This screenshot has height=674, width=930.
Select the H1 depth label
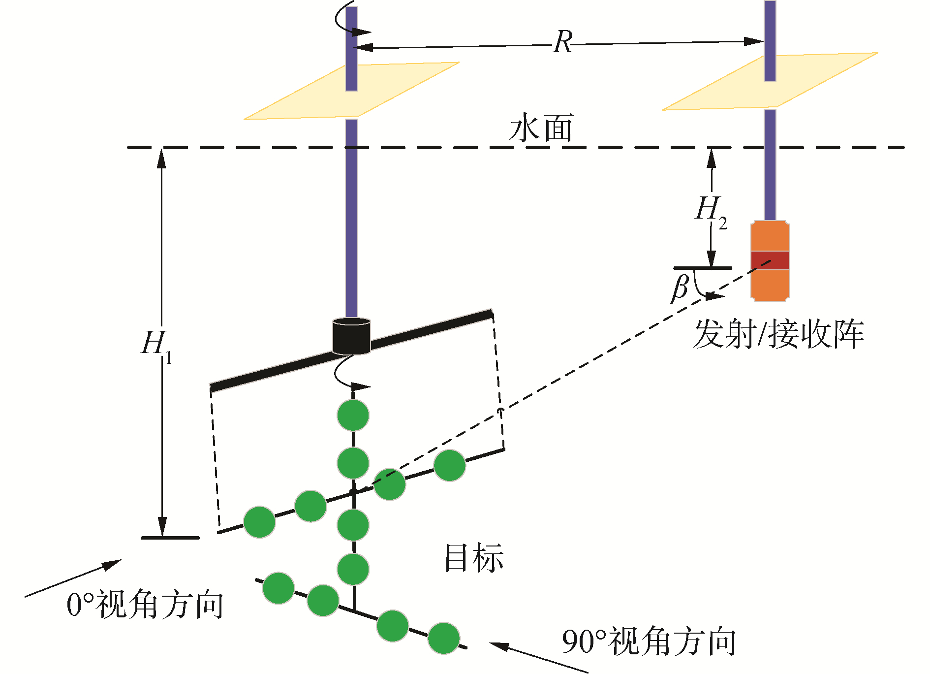click(155, 345)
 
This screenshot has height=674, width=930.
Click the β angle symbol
click(680, 289)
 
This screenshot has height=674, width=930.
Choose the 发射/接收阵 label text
click(778, 335)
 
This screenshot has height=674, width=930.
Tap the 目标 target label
click(473, 558)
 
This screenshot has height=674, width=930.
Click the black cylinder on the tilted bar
click(351, 336)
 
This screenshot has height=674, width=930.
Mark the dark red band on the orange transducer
click(770, 260)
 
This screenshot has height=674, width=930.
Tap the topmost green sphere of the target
click(353, 415)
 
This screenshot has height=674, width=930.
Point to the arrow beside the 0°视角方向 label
click(74, 578)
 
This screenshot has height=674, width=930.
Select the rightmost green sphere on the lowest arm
click(444, 638)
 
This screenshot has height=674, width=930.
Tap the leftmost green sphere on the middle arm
click(260, 522)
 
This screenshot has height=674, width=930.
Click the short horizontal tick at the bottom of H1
click(170, 538)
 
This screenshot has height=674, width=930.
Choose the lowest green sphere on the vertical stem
click(353, 569)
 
